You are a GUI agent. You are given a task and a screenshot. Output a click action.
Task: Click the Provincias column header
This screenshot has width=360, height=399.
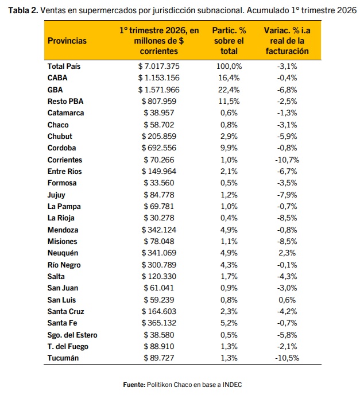tap(67, 41)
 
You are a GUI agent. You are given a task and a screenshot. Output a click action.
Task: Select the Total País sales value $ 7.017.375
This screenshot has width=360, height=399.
tap(159, 67)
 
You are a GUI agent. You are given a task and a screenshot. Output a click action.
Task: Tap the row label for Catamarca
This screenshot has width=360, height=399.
tap(65, 113)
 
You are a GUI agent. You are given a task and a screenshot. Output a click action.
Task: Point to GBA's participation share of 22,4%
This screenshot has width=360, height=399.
tap(229, 90)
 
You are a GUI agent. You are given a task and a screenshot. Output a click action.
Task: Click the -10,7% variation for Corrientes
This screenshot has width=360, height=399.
tap(287, 160)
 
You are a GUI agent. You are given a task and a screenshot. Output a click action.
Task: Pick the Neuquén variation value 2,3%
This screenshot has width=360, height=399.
tap(287, 253)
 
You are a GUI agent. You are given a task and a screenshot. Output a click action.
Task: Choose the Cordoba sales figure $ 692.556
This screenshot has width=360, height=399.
tap(159, 148)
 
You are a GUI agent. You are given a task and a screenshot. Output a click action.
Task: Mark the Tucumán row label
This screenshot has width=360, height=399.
tap(63, 358)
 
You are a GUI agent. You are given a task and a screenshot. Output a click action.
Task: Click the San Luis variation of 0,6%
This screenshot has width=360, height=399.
tap(287, 300)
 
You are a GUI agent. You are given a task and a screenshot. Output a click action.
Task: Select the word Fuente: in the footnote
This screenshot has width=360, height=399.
tap(134, 385)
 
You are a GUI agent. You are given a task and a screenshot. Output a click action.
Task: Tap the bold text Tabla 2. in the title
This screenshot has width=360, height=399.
tap(23, 10)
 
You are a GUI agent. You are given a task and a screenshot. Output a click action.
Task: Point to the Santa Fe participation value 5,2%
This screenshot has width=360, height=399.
tap(229, 323)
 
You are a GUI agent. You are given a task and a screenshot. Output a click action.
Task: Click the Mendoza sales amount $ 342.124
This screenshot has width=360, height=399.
tap(159, 230)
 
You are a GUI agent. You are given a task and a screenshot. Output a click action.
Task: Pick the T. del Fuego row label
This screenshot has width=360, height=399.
tap(68, 347)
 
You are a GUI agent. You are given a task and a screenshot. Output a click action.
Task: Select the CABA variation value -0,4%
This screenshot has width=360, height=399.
tap(287, 78)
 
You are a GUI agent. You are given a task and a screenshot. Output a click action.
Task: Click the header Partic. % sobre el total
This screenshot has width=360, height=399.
tap(229, 41)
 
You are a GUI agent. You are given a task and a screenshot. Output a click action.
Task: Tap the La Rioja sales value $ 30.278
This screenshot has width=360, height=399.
tap(159, 218)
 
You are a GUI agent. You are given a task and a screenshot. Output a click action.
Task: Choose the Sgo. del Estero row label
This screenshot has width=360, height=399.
tap(72, 335)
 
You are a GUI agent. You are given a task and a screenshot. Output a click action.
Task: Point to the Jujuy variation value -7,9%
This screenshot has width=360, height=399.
tap(287, 195)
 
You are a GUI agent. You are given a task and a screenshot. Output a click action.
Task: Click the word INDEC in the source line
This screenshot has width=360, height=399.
tap(233, 385)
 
